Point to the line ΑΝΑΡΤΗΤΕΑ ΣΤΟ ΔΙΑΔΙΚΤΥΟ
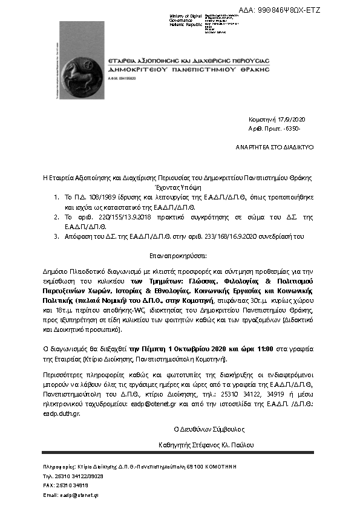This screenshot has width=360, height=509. [x=274, y=147]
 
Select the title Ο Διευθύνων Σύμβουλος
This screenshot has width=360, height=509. [x=209, y=429]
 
